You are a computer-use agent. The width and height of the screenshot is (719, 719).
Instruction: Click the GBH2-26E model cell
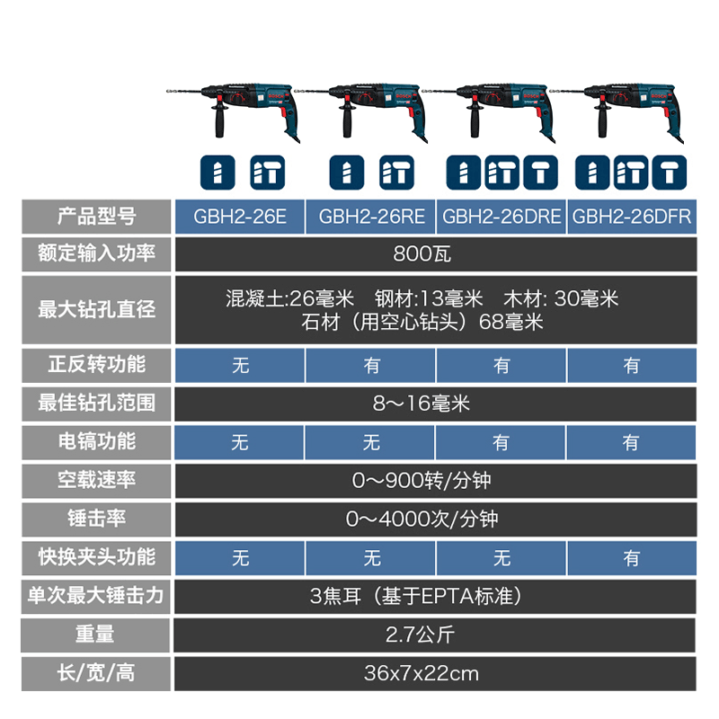click(240, 216)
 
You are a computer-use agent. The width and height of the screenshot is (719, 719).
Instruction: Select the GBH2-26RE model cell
click(371, 216)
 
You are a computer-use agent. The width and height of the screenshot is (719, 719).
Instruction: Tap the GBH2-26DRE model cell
click(502, 216)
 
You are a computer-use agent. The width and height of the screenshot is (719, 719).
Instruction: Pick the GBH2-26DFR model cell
click(632, 216)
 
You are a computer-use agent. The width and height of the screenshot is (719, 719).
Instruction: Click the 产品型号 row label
click(96, 216)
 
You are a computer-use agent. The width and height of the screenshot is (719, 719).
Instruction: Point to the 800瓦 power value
click(435, 253)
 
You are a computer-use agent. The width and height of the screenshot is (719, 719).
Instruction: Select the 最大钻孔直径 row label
click(96, 309)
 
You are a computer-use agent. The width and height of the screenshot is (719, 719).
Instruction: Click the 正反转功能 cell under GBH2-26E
click(240, 365)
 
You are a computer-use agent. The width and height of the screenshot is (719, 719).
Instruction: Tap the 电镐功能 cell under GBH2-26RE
click(371, 441)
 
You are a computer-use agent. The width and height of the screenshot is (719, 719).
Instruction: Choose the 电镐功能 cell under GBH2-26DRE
click(502, 441)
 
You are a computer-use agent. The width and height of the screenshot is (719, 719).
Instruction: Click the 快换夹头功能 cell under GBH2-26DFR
click(632, 558)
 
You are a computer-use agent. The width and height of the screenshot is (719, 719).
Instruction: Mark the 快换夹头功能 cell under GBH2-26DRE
click(502, 558)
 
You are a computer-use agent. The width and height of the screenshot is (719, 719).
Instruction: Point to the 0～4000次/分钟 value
click(435, 519)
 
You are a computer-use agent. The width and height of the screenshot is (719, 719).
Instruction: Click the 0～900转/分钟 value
click(435, 480)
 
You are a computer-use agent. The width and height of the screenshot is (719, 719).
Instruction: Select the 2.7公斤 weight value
click(435, 635)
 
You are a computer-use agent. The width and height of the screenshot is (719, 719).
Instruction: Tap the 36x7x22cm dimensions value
click(435, 672)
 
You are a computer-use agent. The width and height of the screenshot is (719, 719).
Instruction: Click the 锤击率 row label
click(96, 519)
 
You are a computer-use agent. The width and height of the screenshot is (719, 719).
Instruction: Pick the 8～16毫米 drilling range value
click(435, 404)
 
